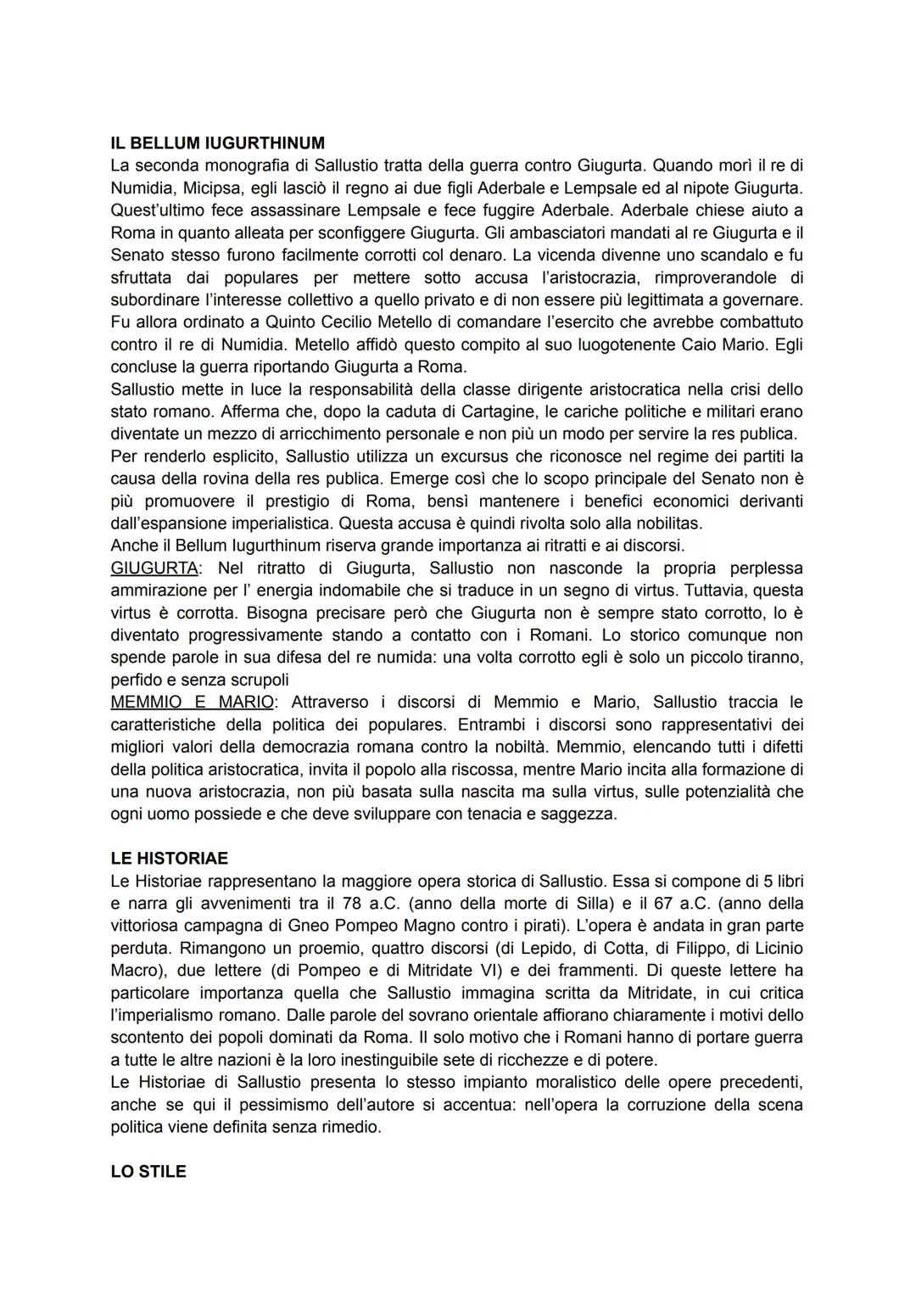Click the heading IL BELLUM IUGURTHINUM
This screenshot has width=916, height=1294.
click(217, 143)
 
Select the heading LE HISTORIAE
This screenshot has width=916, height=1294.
click(169, 858)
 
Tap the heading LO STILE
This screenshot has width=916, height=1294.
click(148, 1171)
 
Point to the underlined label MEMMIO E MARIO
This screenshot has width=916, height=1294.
click(193, 702)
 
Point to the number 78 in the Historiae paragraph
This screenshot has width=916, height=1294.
click(354, 903)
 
